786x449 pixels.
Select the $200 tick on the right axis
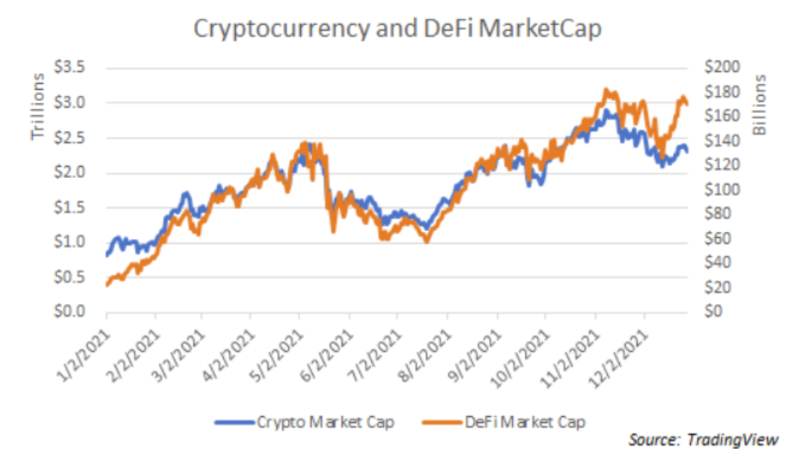click(721, 67)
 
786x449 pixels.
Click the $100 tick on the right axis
click(721, 189)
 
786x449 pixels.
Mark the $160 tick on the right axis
click(721, 116)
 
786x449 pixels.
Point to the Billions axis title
click(761, 104)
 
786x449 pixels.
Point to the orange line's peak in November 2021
click(606, 91)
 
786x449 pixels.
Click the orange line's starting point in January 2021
click(107, 285)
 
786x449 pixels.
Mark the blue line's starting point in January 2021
click(107, 255)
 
